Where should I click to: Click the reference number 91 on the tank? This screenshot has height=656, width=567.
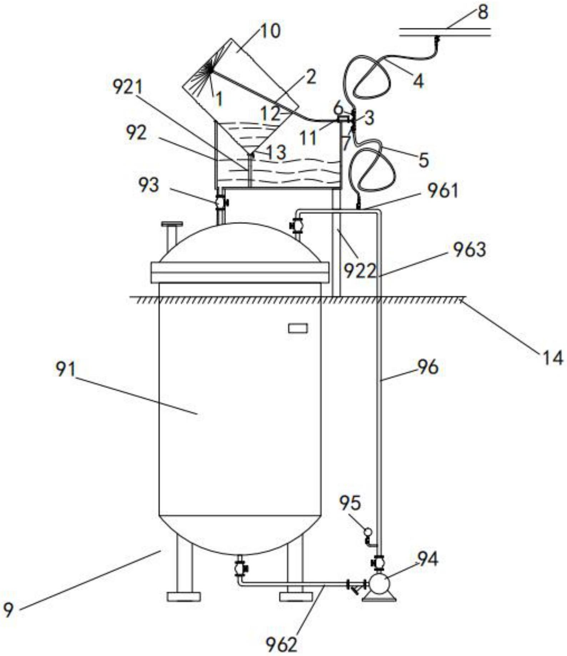click(65, 369)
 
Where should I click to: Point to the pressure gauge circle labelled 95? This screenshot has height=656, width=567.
click(367, 532)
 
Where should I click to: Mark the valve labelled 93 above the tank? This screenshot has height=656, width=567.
click(221, 202)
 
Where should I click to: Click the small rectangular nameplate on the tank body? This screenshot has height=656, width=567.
click(298, 328)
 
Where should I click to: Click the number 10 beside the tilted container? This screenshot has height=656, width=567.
click(270, 31)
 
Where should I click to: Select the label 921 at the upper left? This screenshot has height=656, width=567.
click(127, 87)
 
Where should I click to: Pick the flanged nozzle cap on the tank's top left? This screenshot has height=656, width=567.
click(172, 224)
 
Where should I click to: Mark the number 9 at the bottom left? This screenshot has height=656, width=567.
click(8, 609)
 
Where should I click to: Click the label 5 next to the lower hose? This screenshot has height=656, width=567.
click(423, 161)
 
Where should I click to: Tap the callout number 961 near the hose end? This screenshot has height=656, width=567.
click(443, 191)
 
